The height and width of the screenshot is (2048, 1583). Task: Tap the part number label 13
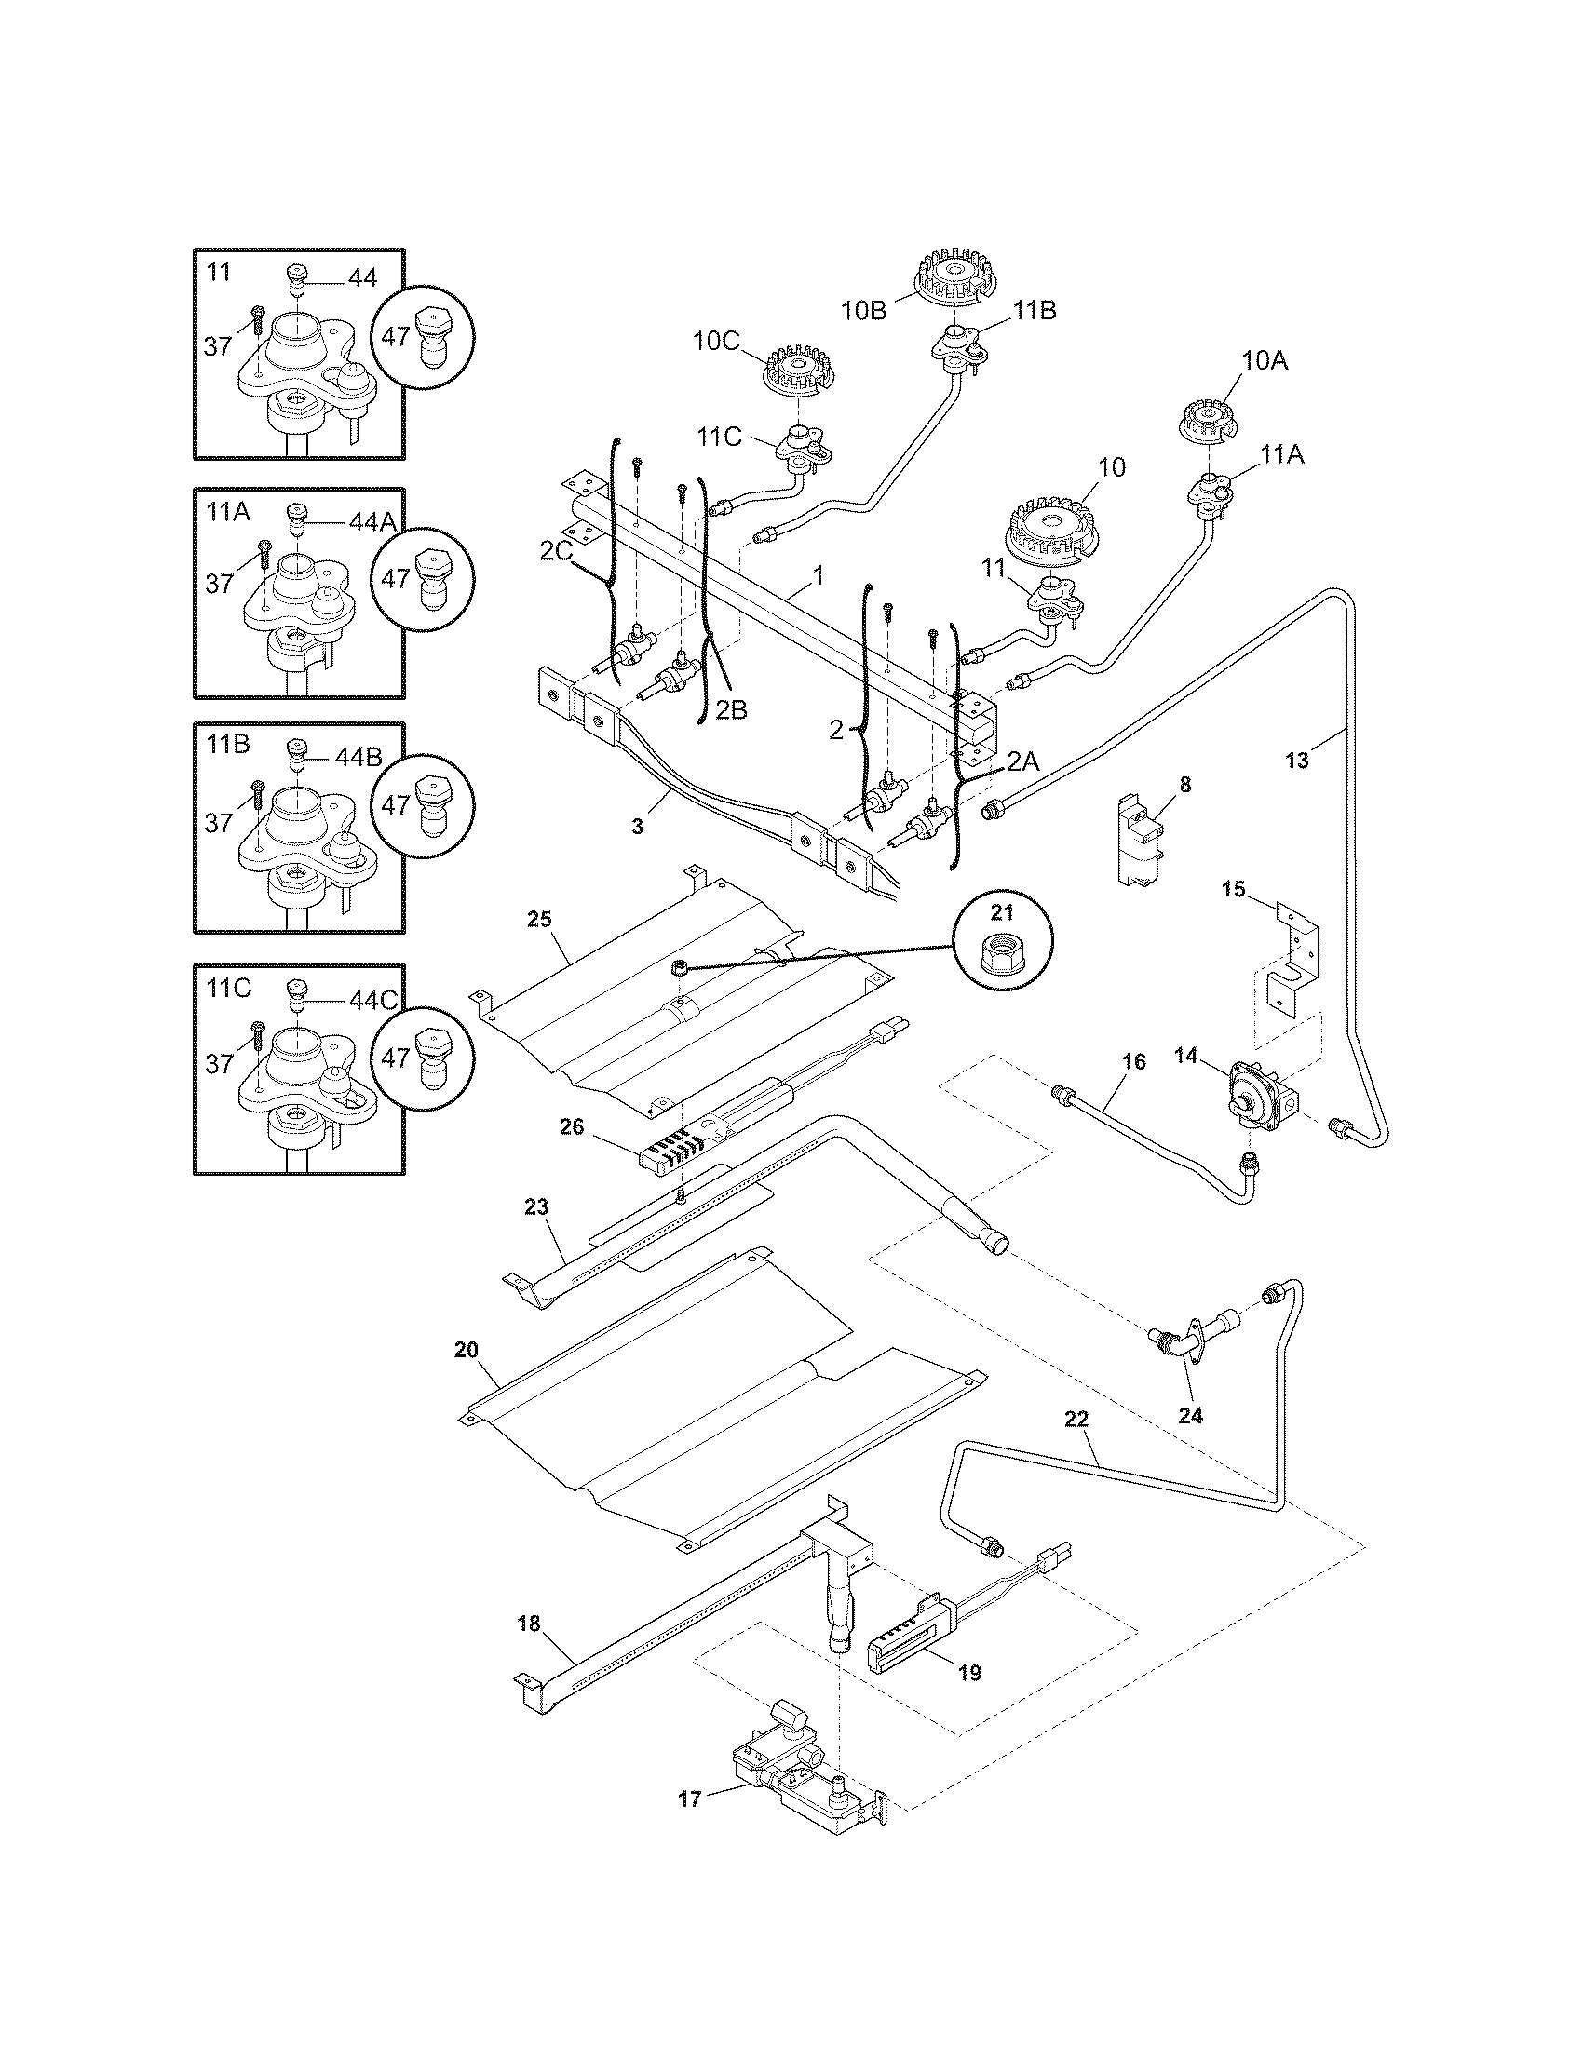[x=1296, y=761]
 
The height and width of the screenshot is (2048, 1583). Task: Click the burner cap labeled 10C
[x=797, y=372]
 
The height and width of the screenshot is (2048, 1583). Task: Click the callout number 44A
[x=373, y=523]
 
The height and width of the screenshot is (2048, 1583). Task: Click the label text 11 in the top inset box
[x=219, y=272]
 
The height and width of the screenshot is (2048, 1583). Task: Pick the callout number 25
[x=539, y=918]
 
